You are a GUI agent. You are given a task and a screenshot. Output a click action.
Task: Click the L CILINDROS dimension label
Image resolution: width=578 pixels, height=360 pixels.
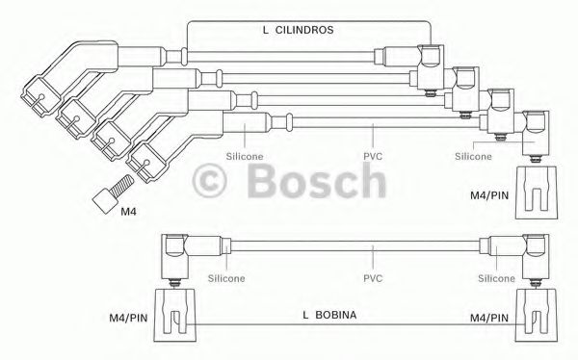click(x=298, y=31)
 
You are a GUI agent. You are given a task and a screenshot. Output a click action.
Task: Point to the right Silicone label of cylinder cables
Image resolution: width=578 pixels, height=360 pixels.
click(x=473, y=154)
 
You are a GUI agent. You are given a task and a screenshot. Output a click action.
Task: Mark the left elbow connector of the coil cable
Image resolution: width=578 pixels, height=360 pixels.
click(x=177, y=256)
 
